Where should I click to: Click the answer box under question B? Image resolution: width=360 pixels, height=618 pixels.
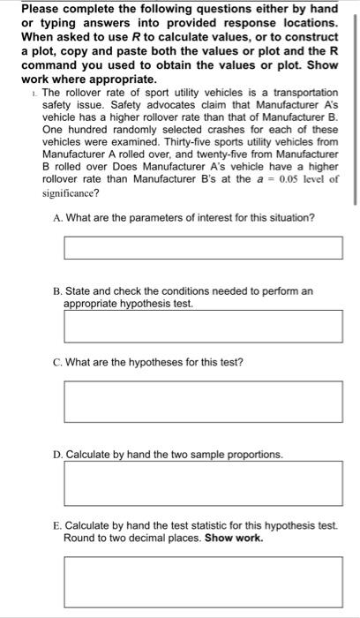(202, 325)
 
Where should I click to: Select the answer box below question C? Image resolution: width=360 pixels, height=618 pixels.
(202, 402)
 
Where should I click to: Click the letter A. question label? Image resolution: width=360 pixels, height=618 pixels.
(57, 218)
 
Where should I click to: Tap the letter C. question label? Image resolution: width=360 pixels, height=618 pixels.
(57, 362)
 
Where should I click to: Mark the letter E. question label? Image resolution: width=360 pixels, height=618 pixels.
(57, 524)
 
